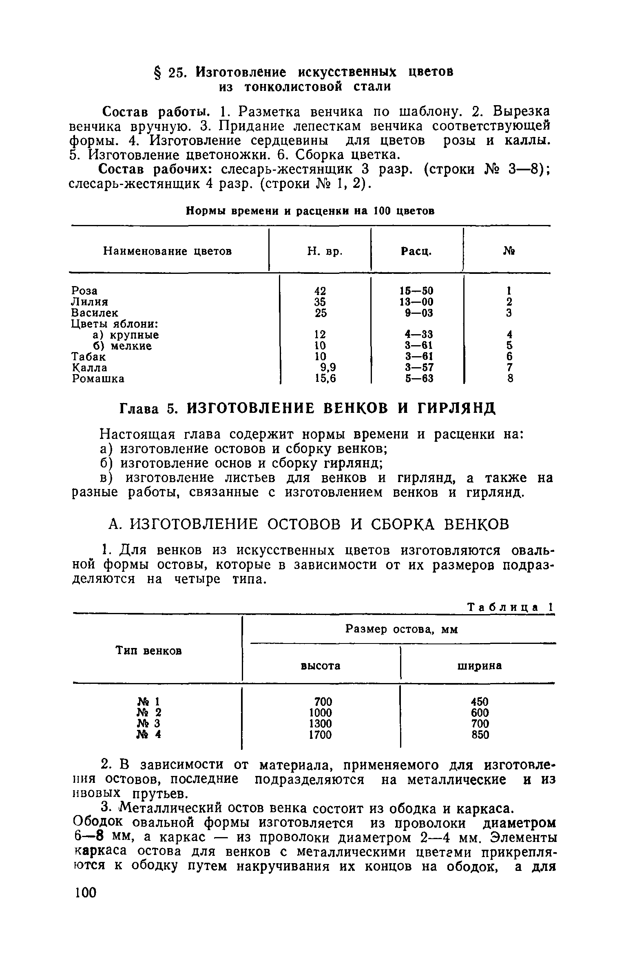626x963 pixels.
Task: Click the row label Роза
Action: (x=84, y=291)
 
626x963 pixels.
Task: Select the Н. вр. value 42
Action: (x=320, y=291)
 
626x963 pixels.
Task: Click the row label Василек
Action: (x=95, y=313)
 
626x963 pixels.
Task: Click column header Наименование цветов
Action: (x=167, y=251)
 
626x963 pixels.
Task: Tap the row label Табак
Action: (x=88, y=357)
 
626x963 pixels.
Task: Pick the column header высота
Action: (x=321, y=666)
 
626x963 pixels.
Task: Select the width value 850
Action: (x=480, y=735)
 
